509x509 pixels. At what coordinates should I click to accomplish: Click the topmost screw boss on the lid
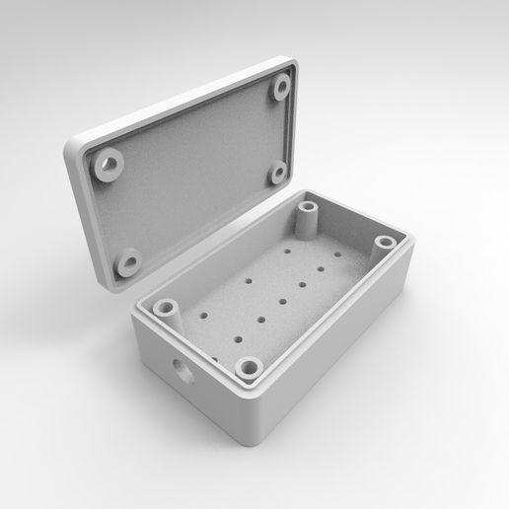281,88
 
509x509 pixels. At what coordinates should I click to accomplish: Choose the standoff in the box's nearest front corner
250,369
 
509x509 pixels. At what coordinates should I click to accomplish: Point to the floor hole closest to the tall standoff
288,253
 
